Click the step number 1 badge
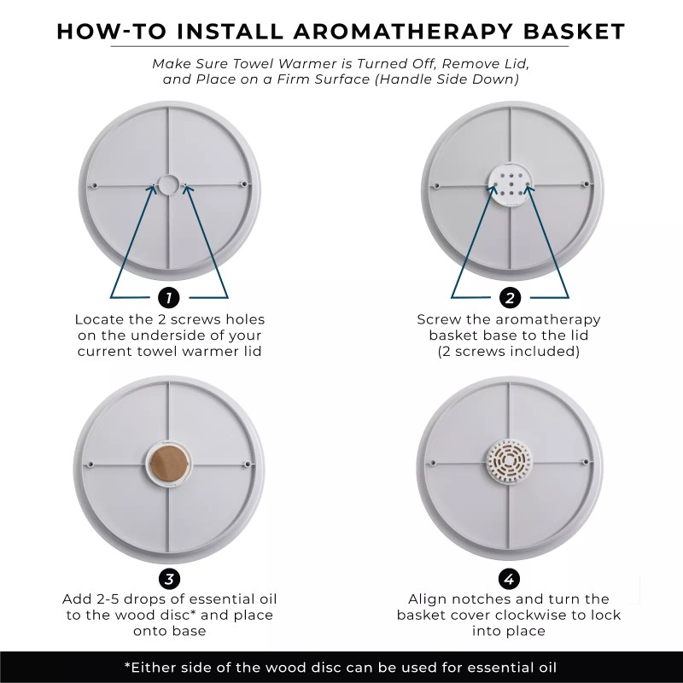pyautogui.click(x=169, y=298)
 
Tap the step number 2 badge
pyautogui.click(x=510, y=298)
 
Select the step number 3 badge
pyautogui.click(x=169, y=579)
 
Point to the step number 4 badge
pyautogui.click(x=510, y=579)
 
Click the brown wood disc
pyautogui.click(x=169, y=464)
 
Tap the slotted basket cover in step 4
pyautogui.click(x=510, y=464)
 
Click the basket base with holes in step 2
pyautogui.click(x=510, y=183)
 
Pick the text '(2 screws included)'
pyautogui.click(x=509, y=351)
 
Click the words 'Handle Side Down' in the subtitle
pyautogui.click(x=457, y=79)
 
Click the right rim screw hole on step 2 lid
pyautogui.click(x=586, y=184)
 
